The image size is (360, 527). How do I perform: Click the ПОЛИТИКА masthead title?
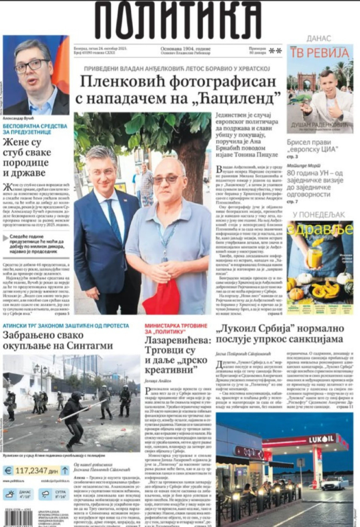click(x=178, y=20)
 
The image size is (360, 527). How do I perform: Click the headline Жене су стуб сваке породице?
click(x=27, y=158)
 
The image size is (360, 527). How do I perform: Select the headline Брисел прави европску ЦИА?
click(x=312, y=146)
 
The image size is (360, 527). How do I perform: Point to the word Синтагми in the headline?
click(x=93, y=345)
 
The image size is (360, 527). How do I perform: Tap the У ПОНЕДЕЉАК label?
click(x=319, y=215)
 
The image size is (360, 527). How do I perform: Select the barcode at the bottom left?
click(x=18, y=519)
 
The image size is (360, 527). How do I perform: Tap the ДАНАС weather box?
click(x=19, y=494)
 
